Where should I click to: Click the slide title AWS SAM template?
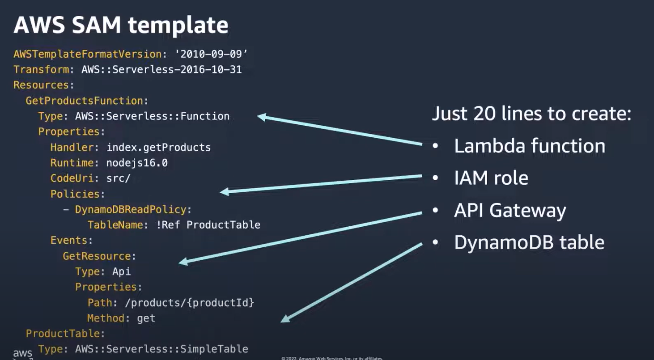tap(121, 25)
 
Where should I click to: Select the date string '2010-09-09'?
tap(212, 54)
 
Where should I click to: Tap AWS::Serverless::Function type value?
tap(152, 116)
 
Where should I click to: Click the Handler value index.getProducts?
tap(158, 147)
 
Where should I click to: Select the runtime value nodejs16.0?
tap(137, 163)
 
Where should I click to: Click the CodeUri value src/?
tap(119, 178)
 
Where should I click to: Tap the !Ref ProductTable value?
tap(208, 224)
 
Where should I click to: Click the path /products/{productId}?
tap(190, 303)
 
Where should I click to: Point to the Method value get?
tap(146, 318)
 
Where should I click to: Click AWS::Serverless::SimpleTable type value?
tap(161, 349)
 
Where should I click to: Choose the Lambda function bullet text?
tap(530, 146)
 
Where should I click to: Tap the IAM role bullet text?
tap(491, 178)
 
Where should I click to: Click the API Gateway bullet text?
tap(510, 210)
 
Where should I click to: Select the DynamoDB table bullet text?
tap(529, 242)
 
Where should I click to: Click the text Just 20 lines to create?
tap(531, 114)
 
